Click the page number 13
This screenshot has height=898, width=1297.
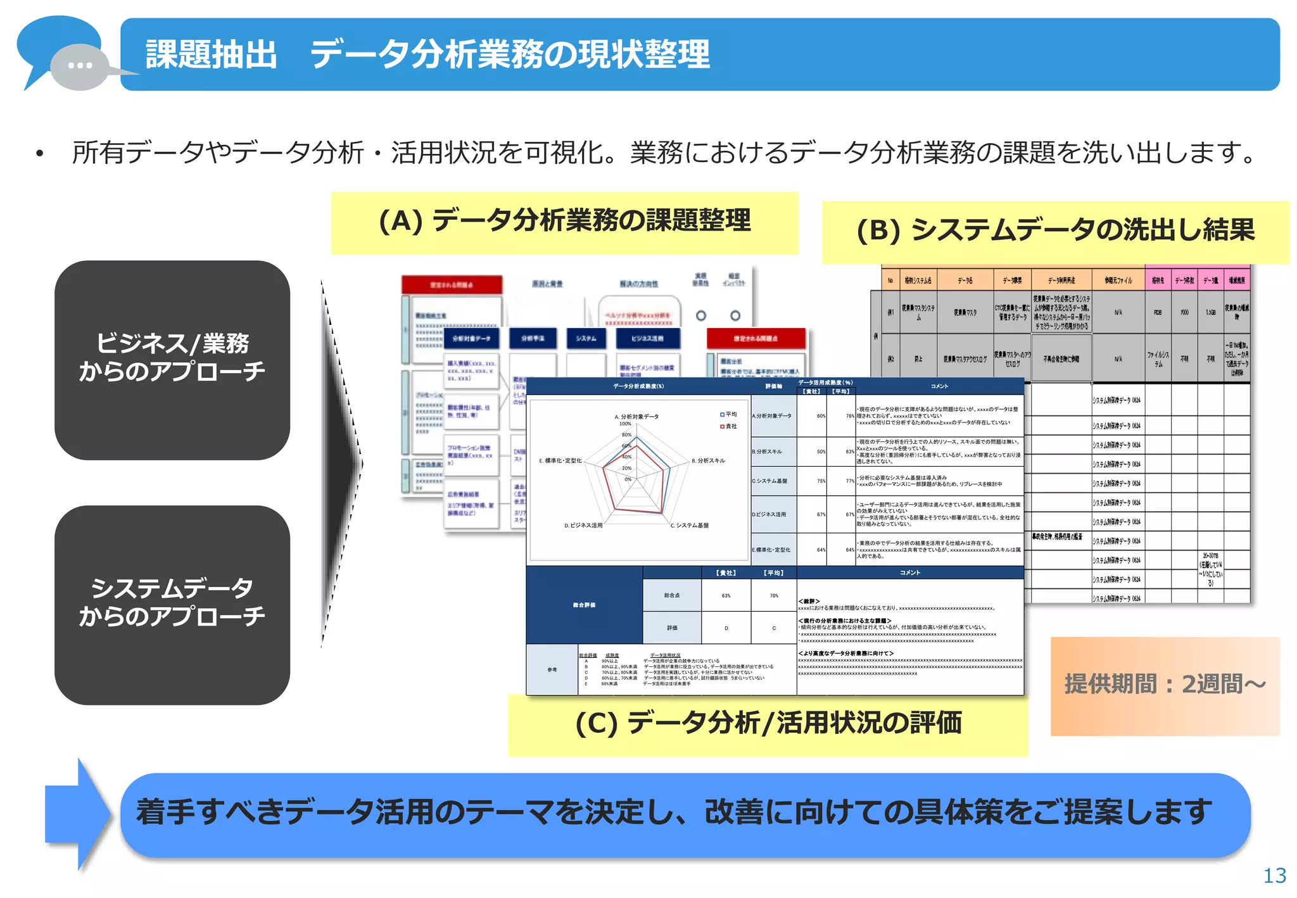(x=1274, y=875)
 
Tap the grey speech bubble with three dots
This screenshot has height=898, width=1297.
(x=80, y=66)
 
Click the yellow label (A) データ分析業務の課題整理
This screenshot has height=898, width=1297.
(x=564, y=222)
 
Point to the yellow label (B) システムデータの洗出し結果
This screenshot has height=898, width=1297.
(x=1054, y=231)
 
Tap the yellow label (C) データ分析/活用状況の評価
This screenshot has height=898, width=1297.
(x=768, y=724)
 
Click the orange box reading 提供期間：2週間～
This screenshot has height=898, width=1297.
(x=1165, y=685)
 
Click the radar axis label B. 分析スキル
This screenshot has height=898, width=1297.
(x=708, y=460)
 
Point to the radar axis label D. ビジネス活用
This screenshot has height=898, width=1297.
(x=583, y=525)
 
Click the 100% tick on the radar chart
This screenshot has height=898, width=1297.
(x=625, y=424)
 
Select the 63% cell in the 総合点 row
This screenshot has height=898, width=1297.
(x=726, y=595)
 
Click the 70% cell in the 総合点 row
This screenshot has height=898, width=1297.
(x=774, y=595)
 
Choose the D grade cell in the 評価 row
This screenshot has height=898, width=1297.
(x=726, y=628)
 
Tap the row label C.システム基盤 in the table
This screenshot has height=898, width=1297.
(x=770, y=481)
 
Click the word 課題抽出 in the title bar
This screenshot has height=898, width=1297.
(x=211, y=54)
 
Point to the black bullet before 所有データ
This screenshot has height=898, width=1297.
(x=40, y=154)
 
